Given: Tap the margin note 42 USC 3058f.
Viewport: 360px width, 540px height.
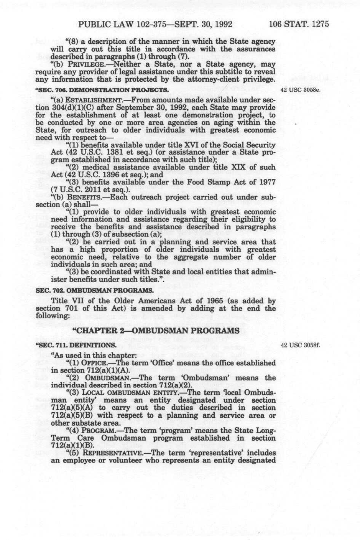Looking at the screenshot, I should click(300, 344).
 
